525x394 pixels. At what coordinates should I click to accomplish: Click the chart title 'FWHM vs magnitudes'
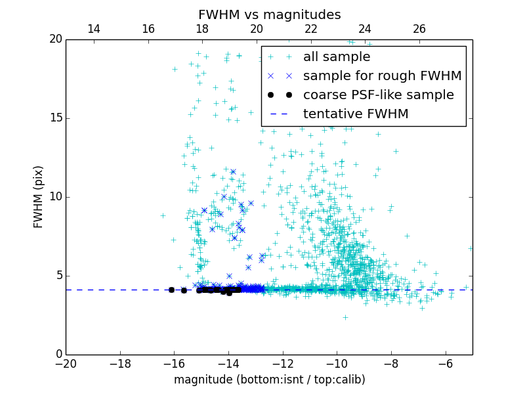(x=269, y=14)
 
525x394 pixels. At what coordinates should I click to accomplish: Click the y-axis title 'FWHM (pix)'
(x=39, y=197)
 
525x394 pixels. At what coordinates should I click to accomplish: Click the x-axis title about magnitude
(x=269, y=380)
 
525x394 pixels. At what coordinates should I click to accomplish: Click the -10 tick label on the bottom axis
(x=337, y=363)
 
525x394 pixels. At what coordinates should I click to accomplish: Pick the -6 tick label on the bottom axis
(x=446, y=363)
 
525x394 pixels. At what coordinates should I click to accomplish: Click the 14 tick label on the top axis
(x=94, y=29)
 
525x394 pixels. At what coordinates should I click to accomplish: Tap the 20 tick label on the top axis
(x=257, y=29)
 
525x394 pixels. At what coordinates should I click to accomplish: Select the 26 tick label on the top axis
(x=419, y=29)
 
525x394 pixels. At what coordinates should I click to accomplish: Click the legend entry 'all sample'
(x=336, y=57)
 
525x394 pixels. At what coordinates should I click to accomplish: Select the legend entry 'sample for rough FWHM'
(x=382, y=76)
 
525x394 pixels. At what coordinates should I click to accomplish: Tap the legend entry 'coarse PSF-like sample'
(x=378, y=95)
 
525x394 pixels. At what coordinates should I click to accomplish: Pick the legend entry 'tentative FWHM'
(x=355, y=114)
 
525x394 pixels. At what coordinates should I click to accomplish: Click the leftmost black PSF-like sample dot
(x=171, y=290)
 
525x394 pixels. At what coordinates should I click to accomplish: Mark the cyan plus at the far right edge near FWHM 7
(x=471, y=248)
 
